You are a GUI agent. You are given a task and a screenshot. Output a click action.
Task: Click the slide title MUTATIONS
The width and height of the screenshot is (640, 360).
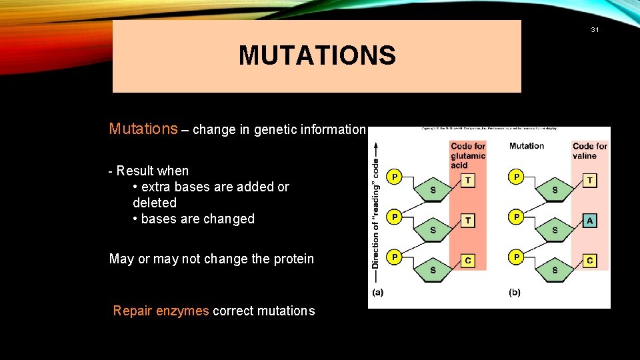point(317,55)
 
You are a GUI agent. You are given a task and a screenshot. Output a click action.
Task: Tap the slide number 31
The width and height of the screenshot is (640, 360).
point(595,29)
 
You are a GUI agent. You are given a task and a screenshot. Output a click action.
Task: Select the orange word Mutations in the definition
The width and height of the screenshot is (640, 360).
point(143,129)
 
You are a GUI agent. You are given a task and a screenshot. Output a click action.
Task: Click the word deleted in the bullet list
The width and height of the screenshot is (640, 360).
point(155,203)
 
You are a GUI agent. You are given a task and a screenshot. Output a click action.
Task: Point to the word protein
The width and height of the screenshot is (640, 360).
point(291,259)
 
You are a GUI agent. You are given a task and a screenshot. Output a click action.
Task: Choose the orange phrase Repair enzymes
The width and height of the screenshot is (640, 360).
point(161,311)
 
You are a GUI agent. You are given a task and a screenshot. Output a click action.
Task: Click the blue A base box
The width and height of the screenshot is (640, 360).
point(589,221)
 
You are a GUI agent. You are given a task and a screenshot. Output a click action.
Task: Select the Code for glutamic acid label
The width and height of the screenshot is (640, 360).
point(468,155)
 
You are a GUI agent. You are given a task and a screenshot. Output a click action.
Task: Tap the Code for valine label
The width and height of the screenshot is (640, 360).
point(590,151)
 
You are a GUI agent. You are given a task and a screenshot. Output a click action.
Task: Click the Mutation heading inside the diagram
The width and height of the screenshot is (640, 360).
point(526,146)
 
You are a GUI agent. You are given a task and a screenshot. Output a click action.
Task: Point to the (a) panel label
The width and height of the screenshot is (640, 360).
point(377,292)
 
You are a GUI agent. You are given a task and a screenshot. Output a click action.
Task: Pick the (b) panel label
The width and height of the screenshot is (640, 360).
point(515,292)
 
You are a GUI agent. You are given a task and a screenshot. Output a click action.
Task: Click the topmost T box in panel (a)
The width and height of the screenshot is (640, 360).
point(468,181)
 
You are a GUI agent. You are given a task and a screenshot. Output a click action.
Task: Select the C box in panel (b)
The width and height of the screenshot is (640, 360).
point(589,261)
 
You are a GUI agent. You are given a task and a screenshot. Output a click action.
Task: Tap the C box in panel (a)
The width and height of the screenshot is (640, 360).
point(468,261)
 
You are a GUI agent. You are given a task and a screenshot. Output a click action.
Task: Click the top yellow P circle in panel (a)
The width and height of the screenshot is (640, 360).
point(395,177)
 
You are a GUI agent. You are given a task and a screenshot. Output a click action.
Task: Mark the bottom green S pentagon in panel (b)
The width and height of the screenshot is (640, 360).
point(555,269)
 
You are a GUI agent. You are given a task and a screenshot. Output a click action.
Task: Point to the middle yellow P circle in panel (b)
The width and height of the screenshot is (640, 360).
point(515,217)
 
